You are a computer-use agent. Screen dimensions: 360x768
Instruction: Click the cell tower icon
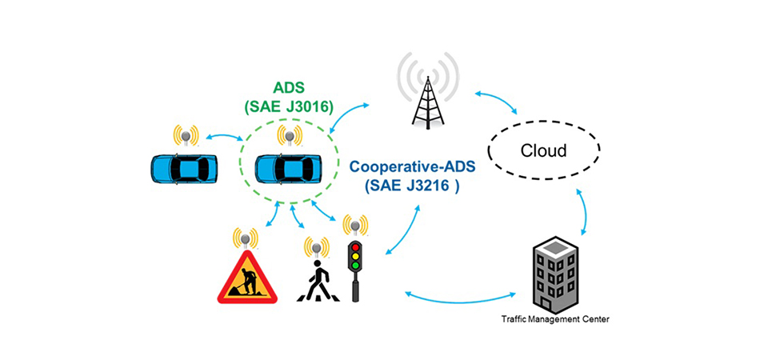click(427, 96)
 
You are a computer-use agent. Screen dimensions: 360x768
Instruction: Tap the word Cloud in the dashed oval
click(544, 150)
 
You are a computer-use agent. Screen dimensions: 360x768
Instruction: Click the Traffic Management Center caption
click(555, 319)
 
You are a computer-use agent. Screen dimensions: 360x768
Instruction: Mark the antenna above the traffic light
click(354, 226)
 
